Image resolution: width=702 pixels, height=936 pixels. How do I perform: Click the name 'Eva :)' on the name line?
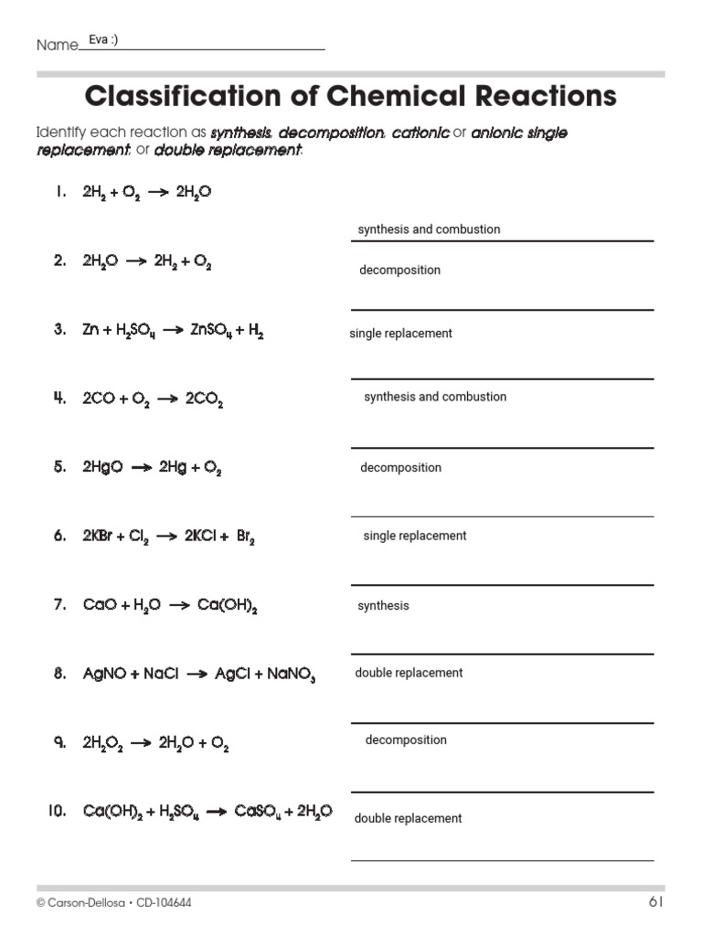(103, 40)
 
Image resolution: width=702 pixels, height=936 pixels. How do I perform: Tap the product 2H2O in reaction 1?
(194, 193)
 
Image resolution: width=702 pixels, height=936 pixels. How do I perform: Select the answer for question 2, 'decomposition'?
(399, 271)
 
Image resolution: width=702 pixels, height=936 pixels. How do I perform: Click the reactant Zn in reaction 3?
(90, 331)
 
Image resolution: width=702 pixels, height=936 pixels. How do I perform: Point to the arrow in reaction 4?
(165, 399)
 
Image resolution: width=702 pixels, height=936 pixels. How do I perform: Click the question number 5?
(59, 467)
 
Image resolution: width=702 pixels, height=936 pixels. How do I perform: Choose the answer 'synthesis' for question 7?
(383, 606)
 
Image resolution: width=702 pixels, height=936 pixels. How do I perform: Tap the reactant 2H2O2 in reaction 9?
(101, 744)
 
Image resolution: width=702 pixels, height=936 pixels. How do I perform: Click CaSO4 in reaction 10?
(256, 812)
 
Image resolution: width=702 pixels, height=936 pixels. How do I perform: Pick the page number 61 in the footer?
(655, 902)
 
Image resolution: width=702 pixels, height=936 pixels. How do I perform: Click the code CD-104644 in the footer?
(164, 903)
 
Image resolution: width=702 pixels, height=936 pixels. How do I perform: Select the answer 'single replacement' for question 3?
(400, 334)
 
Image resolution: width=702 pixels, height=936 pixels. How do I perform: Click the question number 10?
(57, 811)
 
